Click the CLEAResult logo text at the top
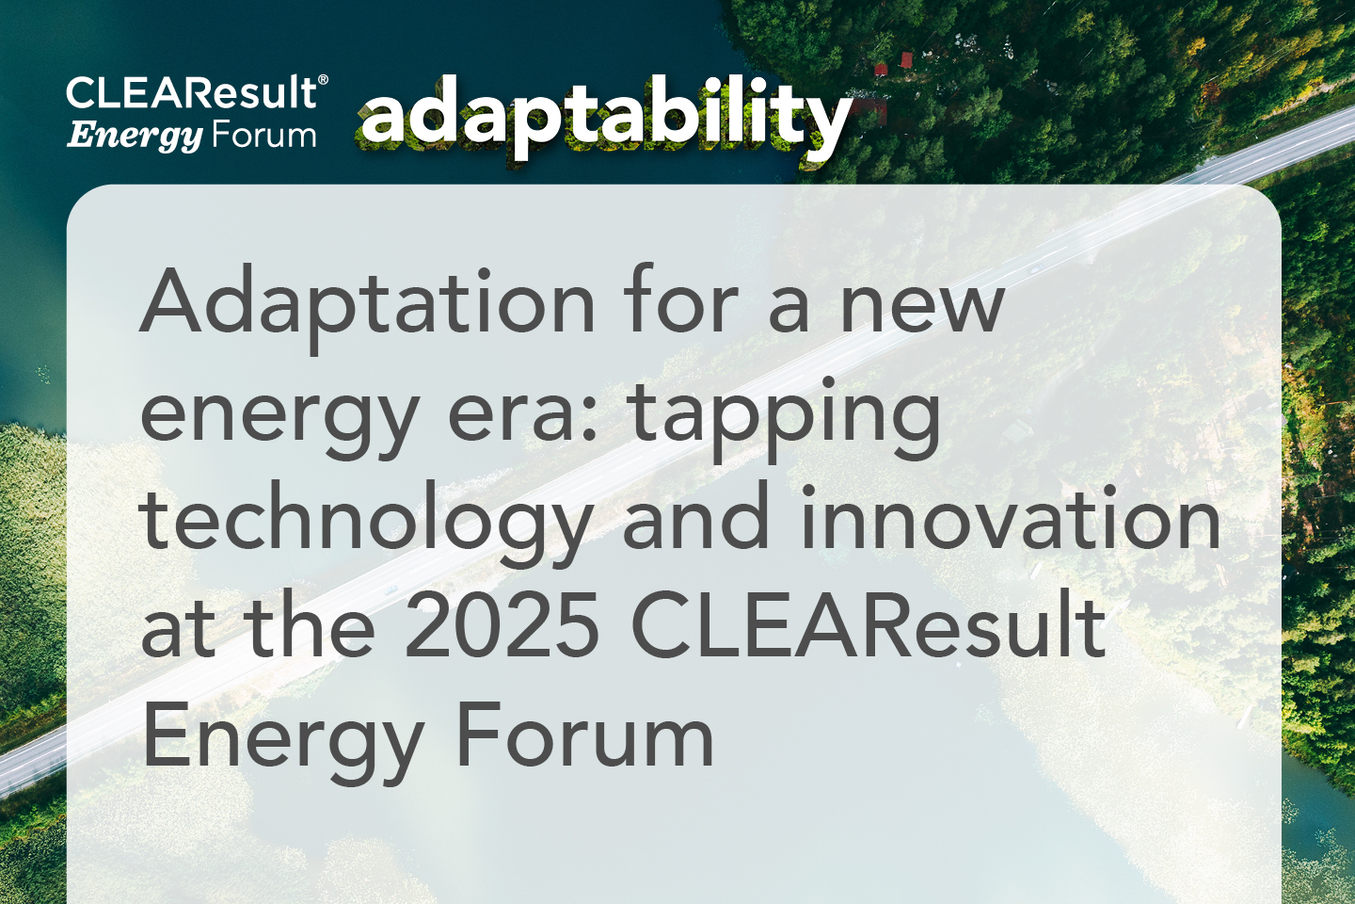(192, 92)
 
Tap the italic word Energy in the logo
(135, 137)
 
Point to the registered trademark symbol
(324, 80)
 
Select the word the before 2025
(310, 626)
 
